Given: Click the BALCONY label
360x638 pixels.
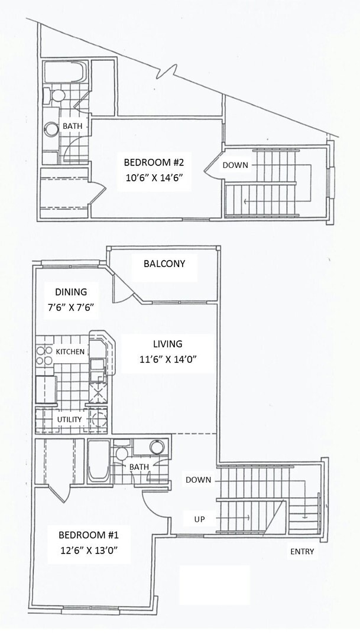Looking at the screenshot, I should point(164,263).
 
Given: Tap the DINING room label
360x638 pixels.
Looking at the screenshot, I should point(71,292).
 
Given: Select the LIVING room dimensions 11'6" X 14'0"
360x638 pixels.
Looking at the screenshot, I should point(167,359).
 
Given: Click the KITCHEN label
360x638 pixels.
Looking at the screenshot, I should point(71,351).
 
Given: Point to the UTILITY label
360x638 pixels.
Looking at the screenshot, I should point(69,419).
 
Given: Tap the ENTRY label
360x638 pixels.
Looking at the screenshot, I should point(301,552).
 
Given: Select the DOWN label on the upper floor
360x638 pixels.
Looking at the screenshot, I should point(235,165).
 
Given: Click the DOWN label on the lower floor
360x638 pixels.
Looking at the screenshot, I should point(198,480).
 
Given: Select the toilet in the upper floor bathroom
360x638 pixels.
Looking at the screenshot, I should point(59,96).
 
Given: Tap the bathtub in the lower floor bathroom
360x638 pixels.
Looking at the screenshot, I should point(98,461).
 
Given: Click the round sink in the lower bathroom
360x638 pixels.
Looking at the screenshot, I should point(157,447).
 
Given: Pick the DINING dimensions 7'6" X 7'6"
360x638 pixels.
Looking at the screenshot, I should point(71,307).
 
